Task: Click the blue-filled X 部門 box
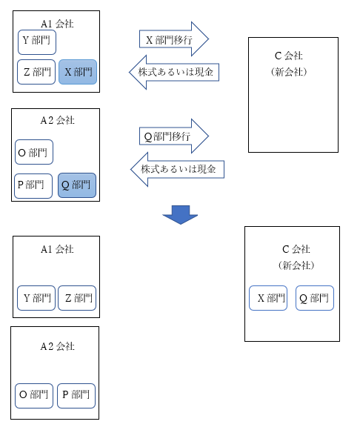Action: click(x=78, y=72)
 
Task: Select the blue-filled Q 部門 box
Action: click(x=77, y=185)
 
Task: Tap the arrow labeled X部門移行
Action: click(x=174, y=39)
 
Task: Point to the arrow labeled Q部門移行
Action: click(x=174, y=136)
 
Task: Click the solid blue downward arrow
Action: click(x=180, y=215)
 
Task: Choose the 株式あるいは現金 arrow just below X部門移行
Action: click(x=174, y=73)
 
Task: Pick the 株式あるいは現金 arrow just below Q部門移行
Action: click(x=177, y=170)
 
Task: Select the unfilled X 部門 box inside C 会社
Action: click(x=268, y=298)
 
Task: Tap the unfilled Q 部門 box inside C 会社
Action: click(x=315, y=298)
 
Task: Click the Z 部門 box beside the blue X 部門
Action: click(x=36, y=72)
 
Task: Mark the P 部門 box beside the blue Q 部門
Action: click(x=33, y=186)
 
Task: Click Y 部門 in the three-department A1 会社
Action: click(x=37, y=42)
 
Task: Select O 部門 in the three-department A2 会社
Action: click(x=34, y=152)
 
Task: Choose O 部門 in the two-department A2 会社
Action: click(x=34, y=396)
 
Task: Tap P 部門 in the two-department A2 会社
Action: click(x=76, y=396)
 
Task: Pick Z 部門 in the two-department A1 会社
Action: click(x=77, y=298)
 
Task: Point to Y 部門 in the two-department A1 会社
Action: click(x=36, y=298)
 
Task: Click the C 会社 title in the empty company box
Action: click(x=288, y=56)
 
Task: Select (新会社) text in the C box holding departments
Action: click(x=296, y=265)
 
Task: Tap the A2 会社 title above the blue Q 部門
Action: click(x=57, y=120)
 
